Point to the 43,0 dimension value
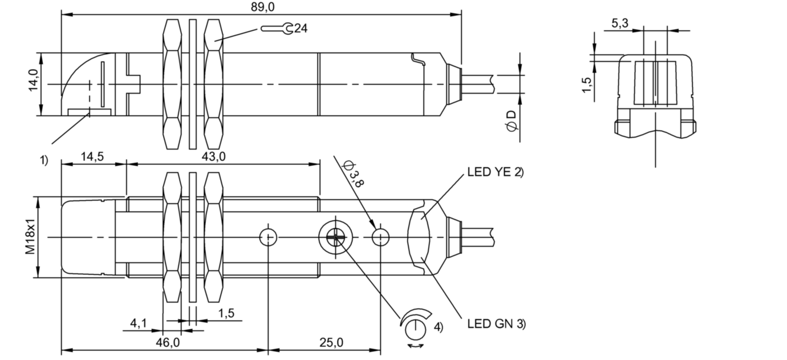tap(214, 156)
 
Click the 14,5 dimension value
tap(92, 156)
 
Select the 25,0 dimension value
tap(331, 342)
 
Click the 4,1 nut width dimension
tap(139, 323)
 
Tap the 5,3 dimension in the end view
tap(620, 23)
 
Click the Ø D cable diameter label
tap(511, 122)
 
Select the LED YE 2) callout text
tap(494, 171)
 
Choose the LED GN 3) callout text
tap(496, 324)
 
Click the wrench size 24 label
tap(301, 27)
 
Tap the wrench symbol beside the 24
tap(278, 27)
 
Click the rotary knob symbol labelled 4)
tap(416, 325)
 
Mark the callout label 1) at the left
tap(44, 161)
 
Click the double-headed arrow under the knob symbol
tap(415, 346)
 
